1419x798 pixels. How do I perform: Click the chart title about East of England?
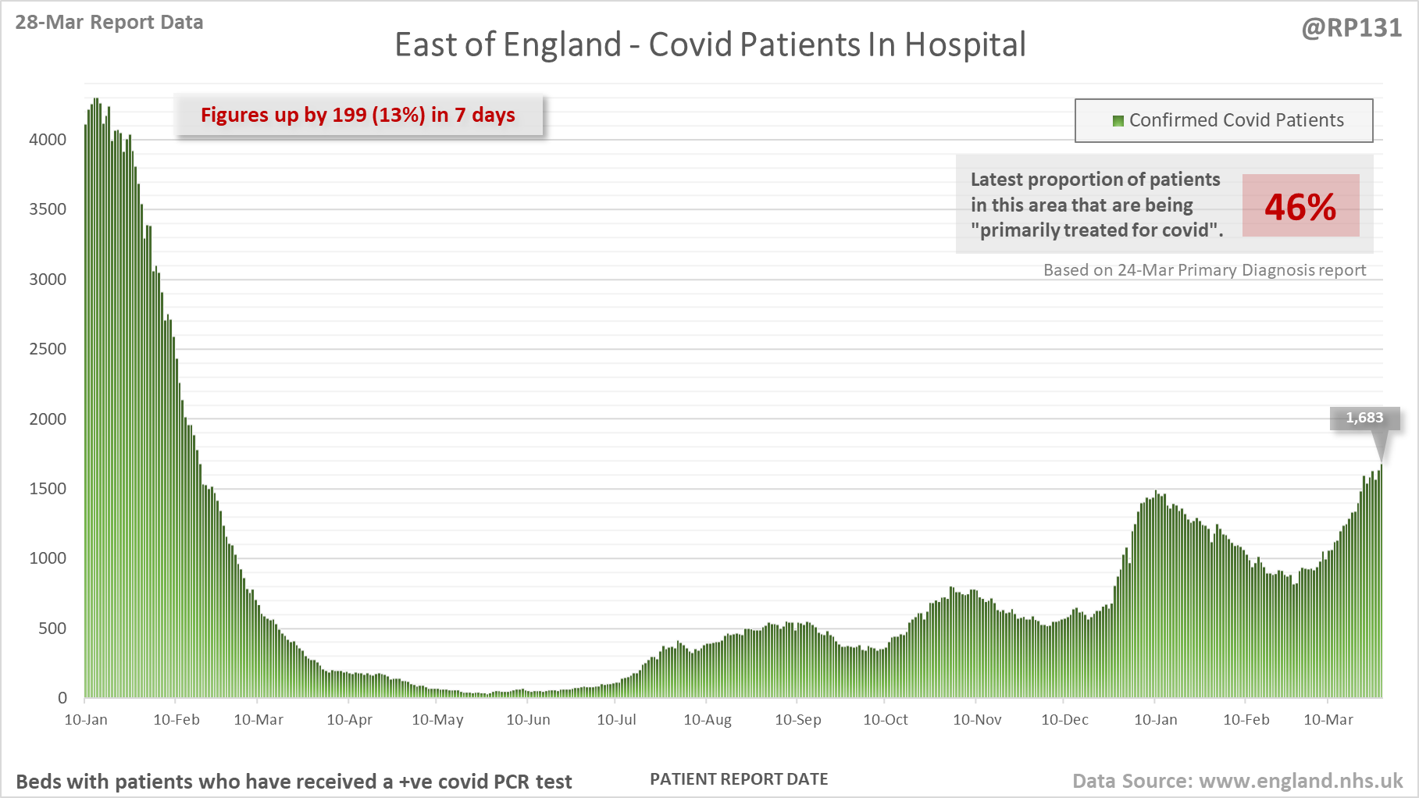710,45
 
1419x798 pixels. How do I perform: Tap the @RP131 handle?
1351,28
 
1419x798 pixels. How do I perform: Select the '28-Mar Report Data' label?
109,22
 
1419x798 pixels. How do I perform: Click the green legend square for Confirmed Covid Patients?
1118,121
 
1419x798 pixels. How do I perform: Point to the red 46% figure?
1300,207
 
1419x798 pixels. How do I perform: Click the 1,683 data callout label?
1364,419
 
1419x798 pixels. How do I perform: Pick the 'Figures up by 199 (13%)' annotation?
358,115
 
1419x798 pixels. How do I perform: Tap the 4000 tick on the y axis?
48,140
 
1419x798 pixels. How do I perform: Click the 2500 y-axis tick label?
48,349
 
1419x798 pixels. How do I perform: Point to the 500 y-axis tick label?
52,629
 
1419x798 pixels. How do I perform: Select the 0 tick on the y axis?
62,698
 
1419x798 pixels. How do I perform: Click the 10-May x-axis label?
437,720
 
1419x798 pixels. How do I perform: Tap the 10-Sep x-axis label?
797,720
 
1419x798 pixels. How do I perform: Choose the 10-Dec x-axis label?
1064,720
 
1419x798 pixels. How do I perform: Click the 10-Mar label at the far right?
1328,720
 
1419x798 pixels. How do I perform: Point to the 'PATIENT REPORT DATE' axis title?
739,779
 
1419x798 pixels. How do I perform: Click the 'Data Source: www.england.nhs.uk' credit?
1237,781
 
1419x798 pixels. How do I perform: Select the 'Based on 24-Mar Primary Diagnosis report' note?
1204,270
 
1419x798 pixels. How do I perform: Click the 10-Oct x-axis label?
886,720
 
